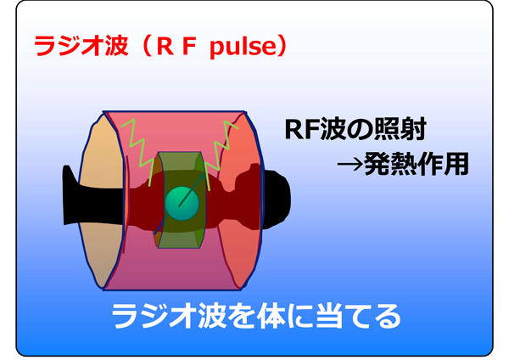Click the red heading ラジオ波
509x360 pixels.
[x=81, y=46]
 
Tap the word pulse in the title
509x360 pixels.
[x=243, y=47]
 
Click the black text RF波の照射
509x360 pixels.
[x=355, y=129]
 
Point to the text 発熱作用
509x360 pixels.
[x=417, y=164]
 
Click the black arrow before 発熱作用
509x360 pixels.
[x=350, y=165]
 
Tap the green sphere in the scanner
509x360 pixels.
[x=182, y=204]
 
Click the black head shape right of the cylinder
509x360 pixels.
[x=277, y=200]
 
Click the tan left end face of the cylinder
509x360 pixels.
[x=101, y=200]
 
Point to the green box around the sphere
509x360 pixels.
[x=180, y=200]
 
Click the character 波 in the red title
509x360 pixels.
[x=115, y=46]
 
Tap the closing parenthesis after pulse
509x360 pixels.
[x=282, y=46]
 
